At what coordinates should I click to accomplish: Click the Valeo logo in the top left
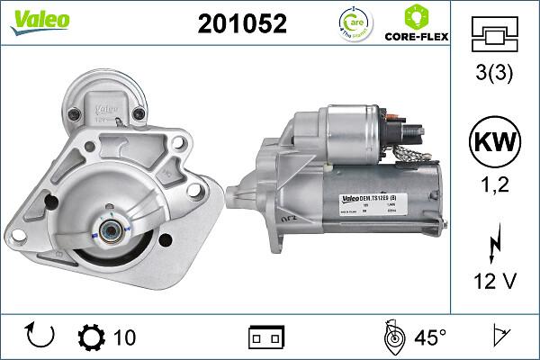coord(34,21)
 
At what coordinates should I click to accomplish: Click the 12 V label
coord(494,282)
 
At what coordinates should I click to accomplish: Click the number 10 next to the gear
coord(125,337)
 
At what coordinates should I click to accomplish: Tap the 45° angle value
coord(430,337)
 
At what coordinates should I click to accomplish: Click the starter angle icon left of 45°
coord(392,337)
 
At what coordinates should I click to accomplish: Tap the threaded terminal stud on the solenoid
coord(417,132)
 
